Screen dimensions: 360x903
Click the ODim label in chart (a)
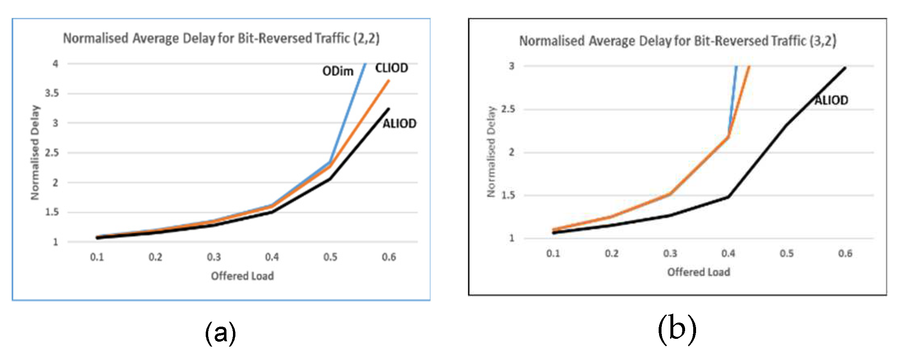[337, 71]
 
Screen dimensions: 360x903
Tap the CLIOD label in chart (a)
[391, 68]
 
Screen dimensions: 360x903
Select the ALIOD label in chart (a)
[399, 123]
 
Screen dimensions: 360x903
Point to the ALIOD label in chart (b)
[831, 100]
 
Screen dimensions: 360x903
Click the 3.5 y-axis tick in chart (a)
[52, 93]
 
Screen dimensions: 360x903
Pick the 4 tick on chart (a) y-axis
[55, 63]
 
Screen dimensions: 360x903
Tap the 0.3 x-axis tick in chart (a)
[213, 257]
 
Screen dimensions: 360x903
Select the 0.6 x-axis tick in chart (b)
[845, 253]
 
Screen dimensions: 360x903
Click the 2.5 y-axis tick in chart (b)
[508, 109]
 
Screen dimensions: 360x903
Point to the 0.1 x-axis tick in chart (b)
[553, 253]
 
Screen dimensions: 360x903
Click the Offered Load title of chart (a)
[242, 276]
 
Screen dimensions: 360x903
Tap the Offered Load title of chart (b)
[698, 272]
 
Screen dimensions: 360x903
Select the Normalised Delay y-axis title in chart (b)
[491, 152]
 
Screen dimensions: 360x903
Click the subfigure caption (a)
[220, 333]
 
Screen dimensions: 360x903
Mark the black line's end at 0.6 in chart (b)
[845, 68]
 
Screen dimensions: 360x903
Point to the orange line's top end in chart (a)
[389, 81]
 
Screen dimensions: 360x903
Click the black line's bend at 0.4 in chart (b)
[728, 196]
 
